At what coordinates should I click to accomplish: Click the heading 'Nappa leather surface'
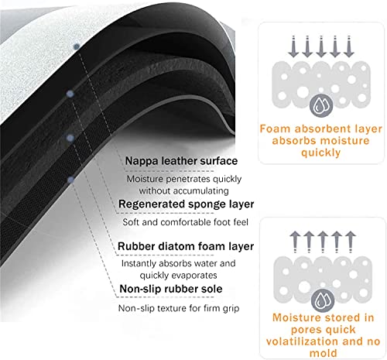point(181,161)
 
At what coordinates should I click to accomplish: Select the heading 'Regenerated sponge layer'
point(186,204)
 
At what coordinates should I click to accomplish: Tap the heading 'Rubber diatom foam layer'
point(186,246)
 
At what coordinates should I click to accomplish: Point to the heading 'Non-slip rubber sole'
point(171,289)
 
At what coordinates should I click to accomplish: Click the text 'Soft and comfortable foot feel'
point(185,222)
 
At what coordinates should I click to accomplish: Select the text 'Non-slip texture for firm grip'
point(179,308)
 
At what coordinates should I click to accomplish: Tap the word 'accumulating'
point(197,191)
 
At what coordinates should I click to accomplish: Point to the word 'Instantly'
point(139,263)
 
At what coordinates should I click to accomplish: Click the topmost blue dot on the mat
point(77,46)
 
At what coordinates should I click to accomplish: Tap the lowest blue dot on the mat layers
point(71,180)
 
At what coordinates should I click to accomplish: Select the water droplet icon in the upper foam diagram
point(321,105)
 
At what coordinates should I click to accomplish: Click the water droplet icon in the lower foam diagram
point(323,300)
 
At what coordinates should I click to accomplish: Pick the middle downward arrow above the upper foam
point(321,46)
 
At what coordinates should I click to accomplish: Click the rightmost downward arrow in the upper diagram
point(349,46)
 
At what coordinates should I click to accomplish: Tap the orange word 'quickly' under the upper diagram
point(320,153)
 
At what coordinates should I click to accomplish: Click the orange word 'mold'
point(324,353)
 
